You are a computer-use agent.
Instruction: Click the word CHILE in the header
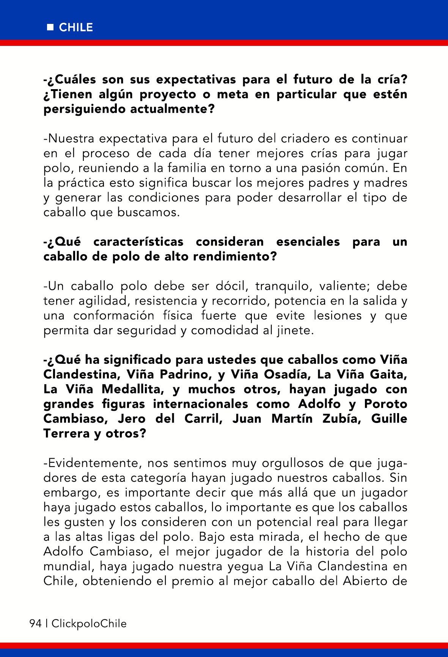pyautogui.click(x=76, y=28)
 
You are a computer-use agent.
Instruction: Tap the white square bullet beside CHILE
pyautogui.click(x=50, y=28)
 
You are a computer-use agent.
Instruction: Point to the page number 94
pyautogui.click(x=35, y=623)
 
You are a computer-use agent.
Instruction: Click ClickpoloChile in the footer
pyautogui.click(x=89, y=623)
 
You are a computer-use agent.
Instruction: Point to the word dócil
pyautogui.click(x=225, y=286)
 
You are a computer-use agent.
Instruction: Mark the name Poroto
pyautogui.click(x=385, y=404)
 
